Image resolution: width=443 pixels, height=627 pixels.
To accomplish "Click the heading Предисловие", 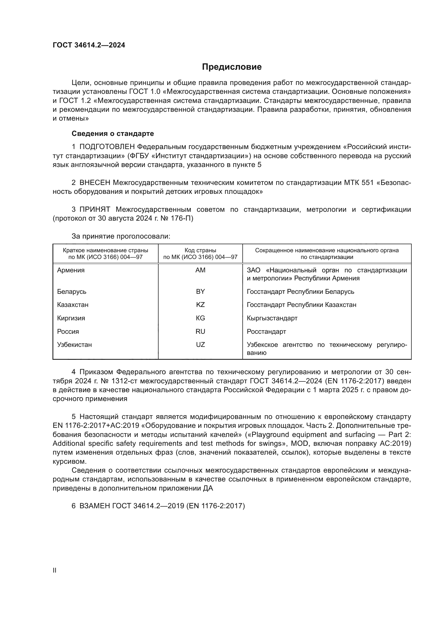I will tap(232, 67).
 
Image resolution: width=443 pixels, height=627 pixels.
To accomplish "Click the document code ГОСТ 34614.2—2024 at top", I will tap(89, 45).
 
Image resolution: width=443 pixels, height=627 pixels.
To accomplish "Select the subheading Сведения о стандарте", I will tap(113, 133).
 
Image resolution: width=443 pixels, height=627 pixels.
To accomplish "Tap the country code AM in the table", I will tap(200, 270).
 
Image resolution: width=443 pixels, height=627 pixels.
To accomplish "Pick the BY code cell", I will tap(200, 291).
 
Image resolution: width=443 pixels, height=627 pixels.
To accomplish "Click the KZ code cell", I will tap(200, 305).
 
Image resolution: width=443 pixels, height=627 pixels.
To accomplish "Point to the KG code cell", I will tap(200, 318).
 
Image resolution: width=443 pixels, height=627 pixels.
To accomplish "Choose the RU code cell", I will tap(200, 331).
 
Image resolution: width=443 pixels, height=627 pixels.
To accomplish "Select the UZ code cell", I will tap(200, 344).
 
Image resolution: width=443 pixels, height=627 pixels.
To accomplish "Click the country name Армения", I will tap(71, 270).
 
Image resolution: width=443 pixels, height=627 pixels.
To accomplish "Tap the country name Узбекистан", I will tap(74, 345).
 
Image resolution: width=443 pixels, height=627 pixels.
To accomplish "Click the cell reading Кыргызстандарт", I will tap(272, 318).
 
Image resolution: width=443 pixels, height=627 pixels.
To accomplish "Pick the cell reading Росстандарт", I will tap(266, 332).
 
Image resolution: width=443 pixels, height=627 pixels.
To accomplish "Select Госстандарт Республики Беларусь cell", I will tap(300, 292).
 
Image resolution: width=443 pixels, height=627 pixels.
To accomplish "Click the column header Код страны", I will tap(200, 250).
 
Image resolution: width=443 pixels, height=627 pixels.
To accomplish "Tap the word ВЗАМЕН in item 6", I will tap(94, 506).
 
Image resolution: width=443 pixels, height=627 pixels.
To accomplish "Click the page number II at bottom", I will tap(55, 570).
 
